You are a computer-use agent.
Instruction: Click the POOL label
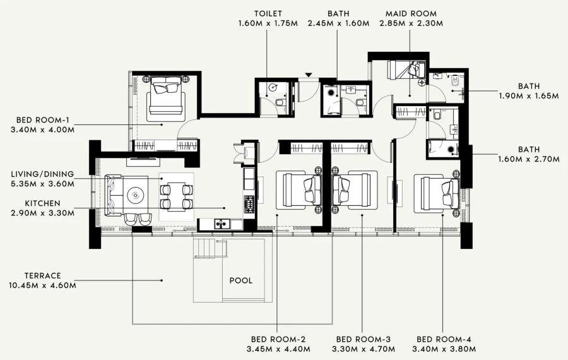click(240, 280)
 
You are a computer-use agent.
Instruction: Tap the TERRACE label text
click(42, 275)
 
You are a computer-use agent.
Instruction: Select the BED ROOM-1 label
click(43, 120)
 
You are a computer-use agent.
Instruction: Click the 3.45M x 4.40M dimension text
click(278, 349)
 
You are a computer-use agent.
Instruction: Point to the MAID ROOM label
click(411, 13)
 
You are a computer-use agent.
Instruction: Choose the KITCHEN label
click(42, 203)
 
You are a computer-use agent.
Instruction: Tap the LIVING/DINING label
click(42, 174)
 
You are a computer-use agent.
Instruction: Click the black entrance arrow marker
click(308, 75)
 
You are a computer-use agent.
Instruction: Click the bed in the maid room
click(407, 69)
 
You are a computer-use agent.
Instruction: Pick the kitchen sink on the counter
click(221, 223)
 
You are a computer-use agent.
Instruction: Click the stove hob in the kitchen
click(249, 203)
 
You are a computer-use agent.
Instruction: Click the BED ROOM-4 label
click(444, 339)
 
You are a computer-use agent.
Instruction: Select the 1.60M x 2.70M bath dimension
click(529, 159)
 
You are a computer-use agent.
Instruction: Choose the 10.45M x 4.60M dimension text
click(42, 285)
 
